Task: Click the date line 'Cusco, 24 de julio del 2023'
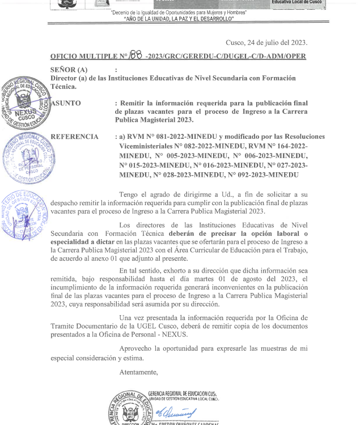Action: [x=266, y=42]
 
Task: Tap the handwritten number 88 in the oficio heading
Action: [x=135, y=55]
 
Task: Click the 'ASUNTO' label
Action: [x=66, y=103]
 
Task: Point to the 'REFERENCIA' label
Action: [x=74, y=137]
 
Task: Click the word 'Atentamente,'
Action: [x=139, y=372]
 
